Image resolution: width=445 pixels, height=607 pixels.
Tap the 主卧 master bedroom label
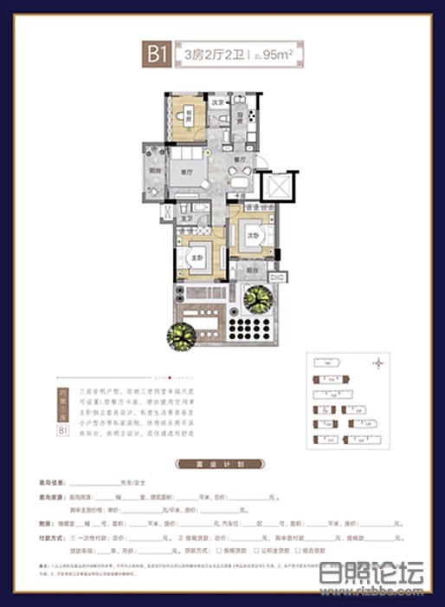[x=196, y=258]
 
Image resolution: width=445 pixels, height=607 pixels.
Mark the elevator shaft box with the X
[x=278, y=186]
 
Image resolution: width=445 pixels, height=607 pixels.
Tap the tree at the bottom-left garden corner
[x=183, y=334]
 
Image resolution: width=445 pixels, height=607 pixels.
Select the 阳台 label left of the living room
[x=154, y=170]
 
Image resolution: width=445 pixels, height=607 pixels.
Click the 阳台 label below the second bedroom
[x=250, y=271]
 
